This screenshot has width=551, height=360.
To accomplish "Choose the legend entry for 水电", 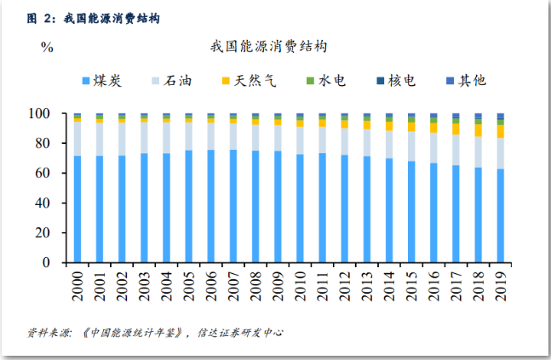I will tap(325, 81).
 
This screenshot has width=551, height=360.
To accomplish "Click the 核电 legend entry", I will tap(396, 81).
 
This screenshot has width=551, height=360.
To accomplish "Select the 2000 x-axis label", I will tap(77, 283).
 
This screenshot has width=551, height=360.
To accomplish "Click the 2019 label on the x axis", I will tap(500, 283).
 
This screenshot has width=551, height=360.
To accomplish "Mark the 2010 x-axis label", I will tap(300, 283).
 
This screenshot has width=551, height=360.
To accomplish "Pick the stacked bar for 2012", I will tap(344, 187).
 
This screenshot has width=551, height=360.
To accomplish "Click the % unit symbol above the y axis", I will tap(47, 47).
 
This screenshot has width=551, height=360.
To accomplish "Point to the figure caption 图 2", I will tap(42, 17).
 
